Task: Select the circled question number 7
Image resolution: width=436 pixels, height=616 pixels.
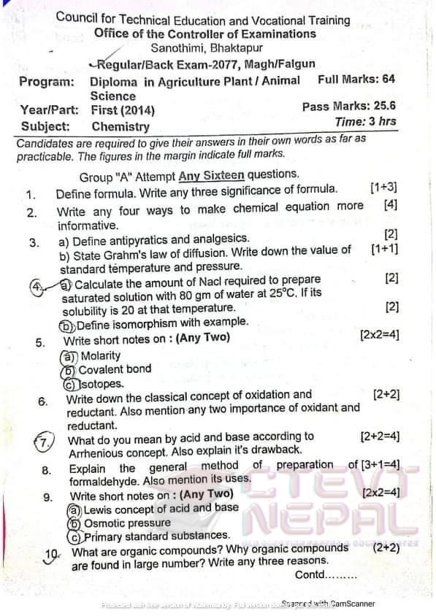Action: pos(45,442)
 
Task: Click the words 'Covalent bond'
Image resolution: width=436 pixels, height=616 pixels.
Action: pos(115,369)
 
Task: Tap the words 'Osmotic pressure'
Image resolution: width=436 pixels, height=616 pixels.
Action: pos(128,523)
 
